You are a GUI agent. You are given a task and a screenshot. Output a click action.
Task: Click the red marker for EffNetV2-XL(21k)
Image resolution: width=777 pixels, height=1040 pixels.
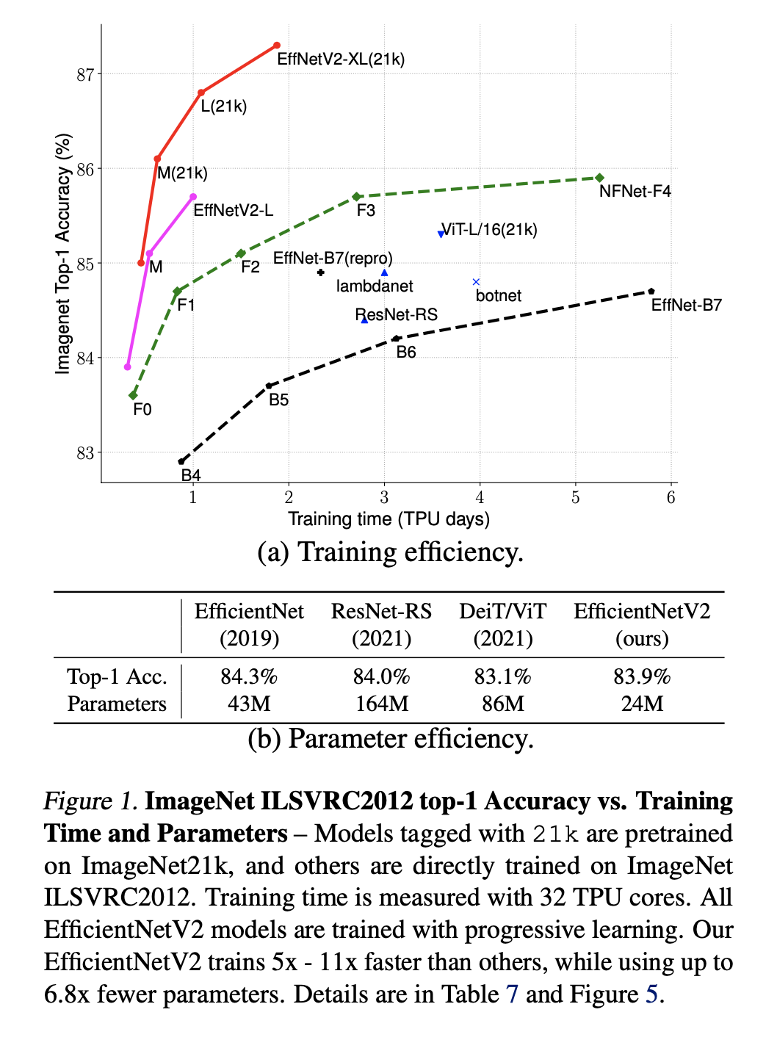[277, 46]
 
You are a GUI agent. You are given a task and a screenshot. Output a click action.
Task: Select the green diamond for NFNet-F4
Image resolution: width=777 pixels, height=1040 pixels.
[600, 178]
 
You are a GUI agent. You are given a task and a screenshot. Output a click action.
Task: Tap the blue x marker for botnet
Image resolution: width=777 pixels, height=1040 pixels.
[476, 282]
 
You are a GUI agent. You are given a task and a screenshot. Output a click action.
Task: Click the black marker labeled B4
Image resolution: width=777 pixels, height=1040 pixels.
[181, 461]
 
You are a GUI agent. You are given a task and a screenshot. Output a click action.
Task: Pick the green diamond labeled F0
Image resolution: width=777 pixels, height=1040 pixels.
[133, 396]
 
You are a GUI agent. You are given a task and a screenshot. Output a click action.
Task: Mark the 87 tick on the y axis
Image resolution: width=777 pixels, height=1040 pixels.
[86, 74]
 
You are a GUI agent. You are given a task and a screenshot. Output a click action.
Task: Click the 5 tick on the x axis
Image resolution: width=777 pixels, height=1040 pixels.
[575, 498]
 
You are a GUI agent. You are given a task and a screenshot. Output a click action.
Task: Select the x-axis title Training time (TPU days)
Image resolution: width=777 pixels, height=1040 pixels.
[388, 519]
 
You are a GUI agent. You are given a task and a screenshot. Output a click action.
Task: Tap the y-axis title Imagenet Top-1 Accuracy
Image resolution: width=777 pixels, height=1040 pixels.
[63, 253]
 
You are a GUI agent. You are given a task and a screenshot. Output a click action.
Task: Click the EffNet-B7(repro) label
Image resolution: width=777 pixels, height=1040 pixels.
[333, 259]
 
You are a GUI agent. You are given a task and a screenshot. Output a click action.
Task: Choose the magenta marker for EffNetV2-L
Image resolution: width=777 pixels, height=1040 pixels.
[193, 197]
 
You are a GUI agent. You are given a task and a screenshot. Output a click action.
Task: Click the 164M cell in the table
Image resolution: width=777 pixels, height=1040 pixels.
[382, 704]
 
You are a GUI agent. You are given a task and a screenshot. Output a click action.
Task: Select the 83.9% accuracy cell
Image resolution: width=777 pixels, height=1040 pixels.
[642, 676]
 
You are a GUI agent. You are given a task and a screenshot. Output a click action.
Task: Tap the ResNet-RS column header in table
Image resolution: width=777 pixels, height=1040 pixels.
[381, 624]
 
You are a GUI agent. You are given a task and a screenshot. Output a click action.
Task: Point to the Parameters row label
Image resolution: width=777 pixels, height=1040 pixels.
[117, 704]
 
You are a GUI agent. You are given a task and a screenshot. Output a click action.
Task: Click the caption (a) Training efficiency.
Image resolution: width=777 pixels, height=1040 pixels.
[390, 552]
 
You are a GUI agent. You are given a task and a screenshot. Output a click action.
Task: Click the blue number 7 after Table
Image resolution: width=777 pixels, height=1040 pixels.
[512, 994]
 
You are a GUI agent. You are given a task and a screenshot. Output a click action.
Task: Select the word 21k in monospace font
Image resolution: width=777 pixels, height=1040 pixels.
[556, 834]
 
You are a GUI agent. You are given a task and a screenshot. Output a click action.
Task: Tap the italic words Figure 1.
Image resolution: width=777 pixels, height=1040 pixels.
[90, 801]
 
